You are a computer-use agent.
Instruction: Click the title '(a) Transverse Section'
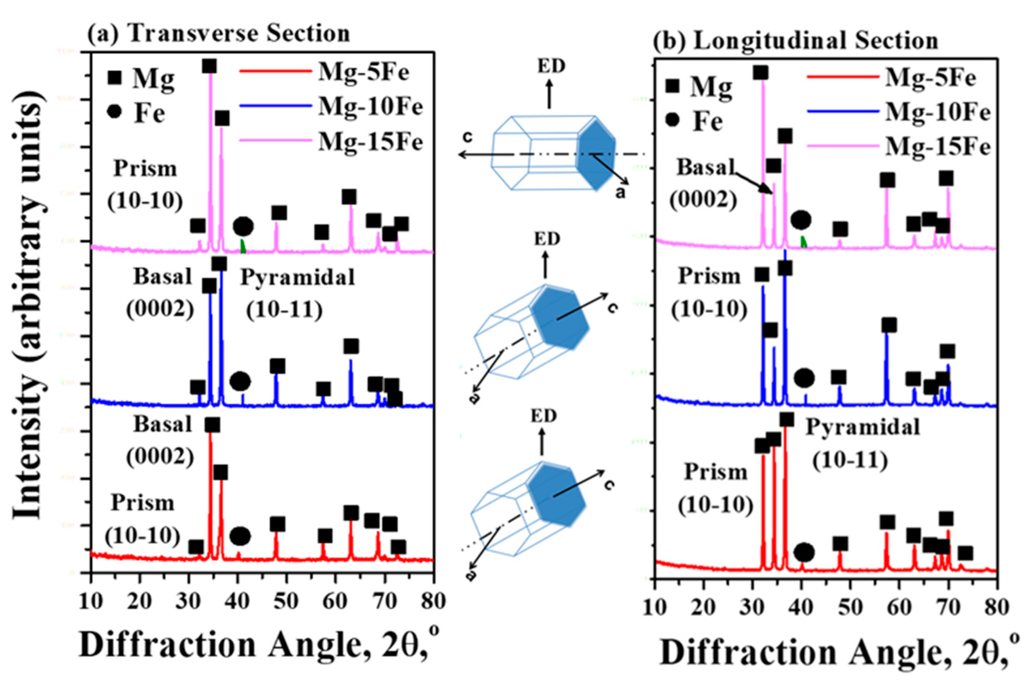coord(219,34)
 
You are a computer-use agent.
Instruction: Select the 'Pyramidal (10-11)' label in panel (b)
coord(863,444)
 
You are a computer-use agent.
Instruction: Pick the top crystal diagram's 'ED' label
coord(551,66)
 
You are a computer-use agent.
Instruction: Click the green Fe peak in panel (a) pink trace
coord(243,246)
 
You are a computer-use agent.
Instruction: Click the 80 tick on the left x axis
coord(433,601)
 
